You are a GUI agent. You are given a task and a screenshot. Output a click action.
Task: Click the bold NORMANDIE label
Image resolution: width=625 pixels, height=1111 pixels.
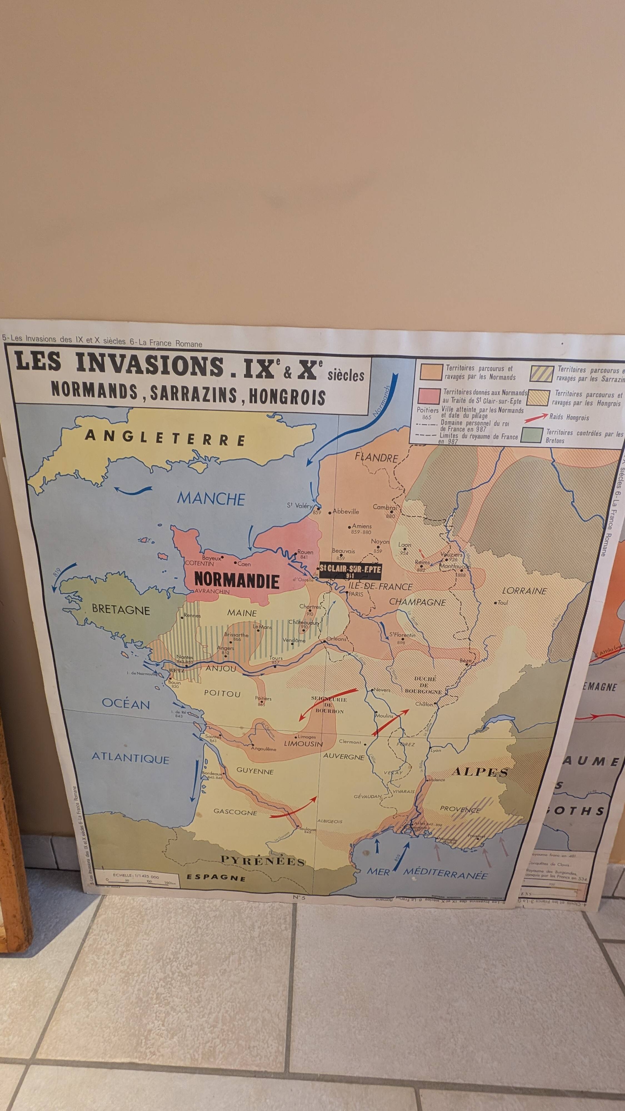coord(237,580)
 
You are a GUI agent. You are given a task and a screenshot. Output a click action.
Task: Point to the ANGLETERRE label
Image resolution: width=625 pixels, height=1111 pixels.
coord(165,437)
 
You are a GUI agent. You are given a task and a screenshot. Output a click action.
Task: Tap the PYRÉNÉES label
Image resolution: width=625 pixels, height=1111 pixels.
coord(263,861)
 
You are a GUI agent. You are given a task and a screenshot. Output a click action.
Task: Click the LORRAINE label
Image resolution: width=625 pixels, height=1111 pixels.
coord(524,591)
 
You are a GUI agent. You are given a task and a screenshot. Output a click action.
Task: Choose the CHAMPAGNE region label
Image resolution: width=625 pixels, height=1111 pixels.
coord(417,602)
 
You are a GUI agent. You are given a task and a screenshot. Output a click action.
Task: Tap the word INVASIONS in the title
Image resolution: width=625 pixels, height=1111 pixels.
coord(150,365)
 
